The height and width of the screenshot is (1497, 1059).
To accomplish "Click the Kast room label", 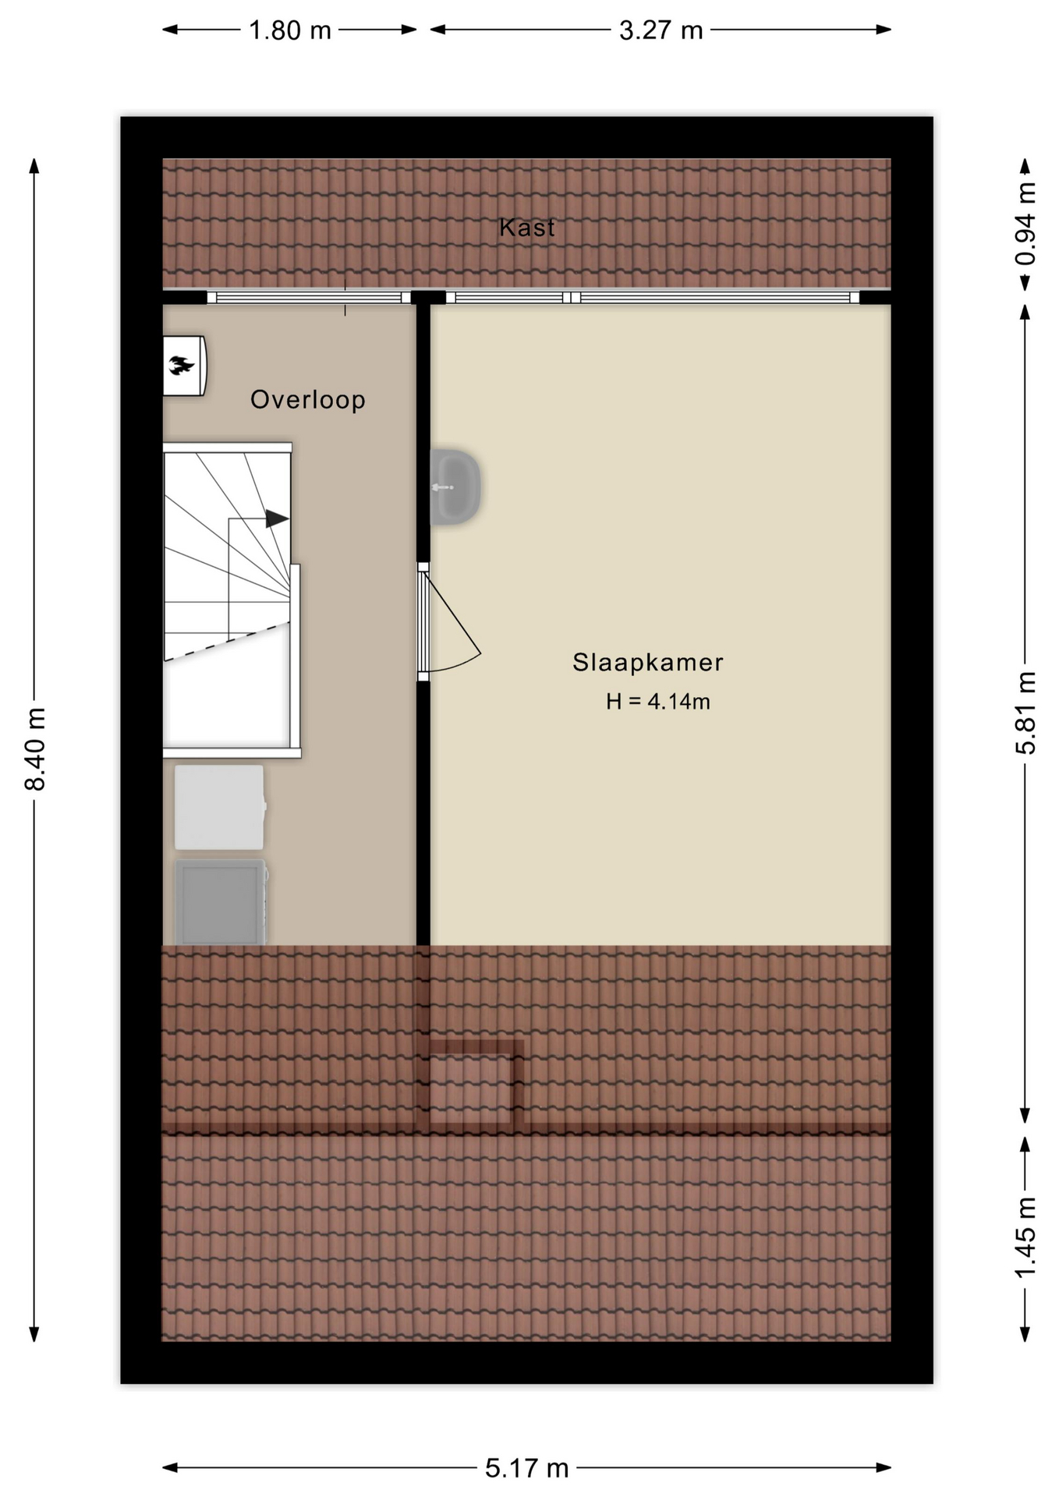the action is point(527,228).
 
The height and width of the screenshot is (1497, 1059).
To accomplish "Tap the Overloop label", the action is point(308,400).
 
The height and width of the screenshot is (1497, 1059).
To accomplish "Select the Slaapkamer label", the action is point(648,663).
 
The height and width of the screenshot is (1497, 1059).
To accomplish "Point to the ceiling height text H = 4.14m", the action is point(658,702).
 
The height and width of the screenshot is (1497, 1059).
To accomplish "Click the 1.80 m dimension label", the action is point(290,30).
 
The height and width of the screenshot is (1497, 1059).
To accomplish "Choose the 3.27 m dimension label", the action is point(661,30).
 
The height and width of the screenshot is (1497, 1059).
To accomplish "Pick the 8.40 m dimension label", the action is point(36,749).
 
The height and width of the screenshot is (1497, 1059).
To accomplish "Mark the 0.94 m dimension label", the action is point(1026,223).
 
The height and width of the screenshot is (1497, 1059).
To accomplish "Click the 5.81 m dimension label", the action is point(1026,713).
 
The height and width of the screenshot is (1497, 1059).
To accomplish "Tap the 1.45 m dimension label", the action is point(1026,1237).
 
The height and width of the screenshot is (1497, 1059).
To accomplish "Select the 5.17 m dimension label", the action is point(527,1469).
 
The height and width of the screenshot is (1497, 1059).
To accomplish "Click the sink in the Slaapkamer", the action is point(455,487).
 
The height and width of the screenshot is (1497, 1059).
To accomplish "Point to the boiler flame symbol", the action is point(181,364).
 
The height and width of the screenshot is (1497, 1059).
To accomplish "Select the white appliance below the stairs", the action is point(219,807).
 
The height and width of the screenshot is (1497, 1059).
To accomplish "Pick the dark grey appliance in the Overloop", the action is point(221,902).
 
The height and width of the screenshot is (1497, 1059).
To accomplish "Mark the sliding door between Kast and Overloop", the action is point(309,297).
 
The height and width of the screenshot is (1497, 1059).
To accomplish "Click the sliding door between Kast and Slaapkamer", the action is point(653,297).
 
